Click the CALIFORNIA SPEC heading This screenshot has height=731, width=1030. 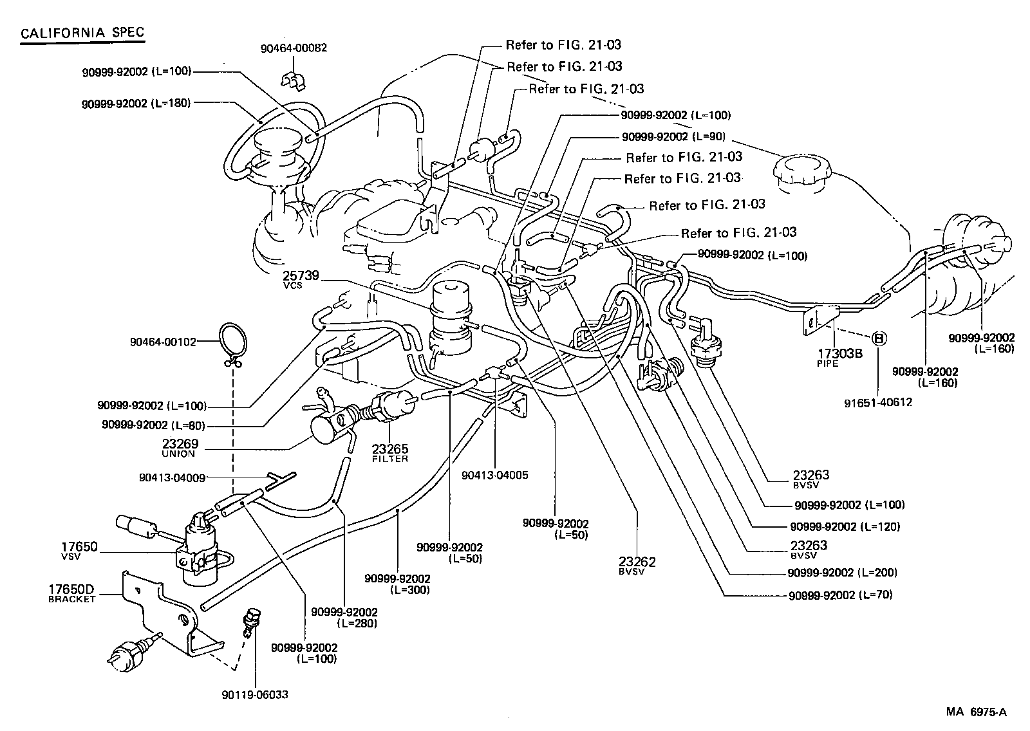[x=82, y=33]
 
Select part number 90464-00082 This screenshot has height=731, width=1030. [x=294, y=48]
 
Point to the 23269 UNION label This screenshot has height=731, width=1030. [x=180, y=448]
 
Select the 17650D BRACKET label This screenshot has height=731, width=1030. [x=71, y=593]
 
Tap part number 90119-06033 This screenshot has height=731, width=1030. [x=254, y=695]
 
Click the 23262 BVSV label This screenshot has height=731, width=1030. [x=637, y=565]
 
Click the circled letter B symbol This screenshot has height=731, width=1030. [x=879, y=338]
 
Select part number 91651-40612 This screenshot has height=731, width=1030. [x=878, y=403]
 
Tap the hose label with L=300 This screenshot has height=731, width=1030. [x=397, y=584]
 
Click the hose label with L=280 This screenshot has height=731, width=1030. [x=344, y=617]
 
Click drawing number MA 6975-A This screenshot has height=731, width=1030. [x=976, y=712]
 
